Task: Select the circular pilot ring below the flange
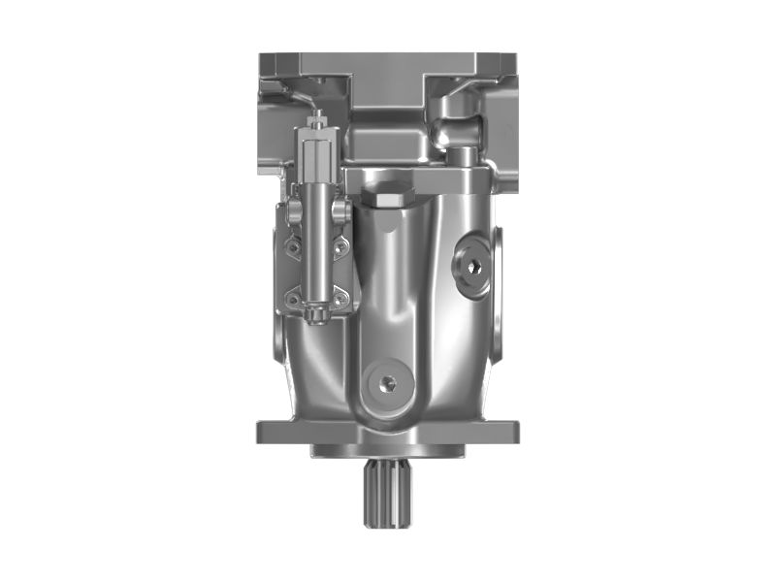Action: tap(388, 452)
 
